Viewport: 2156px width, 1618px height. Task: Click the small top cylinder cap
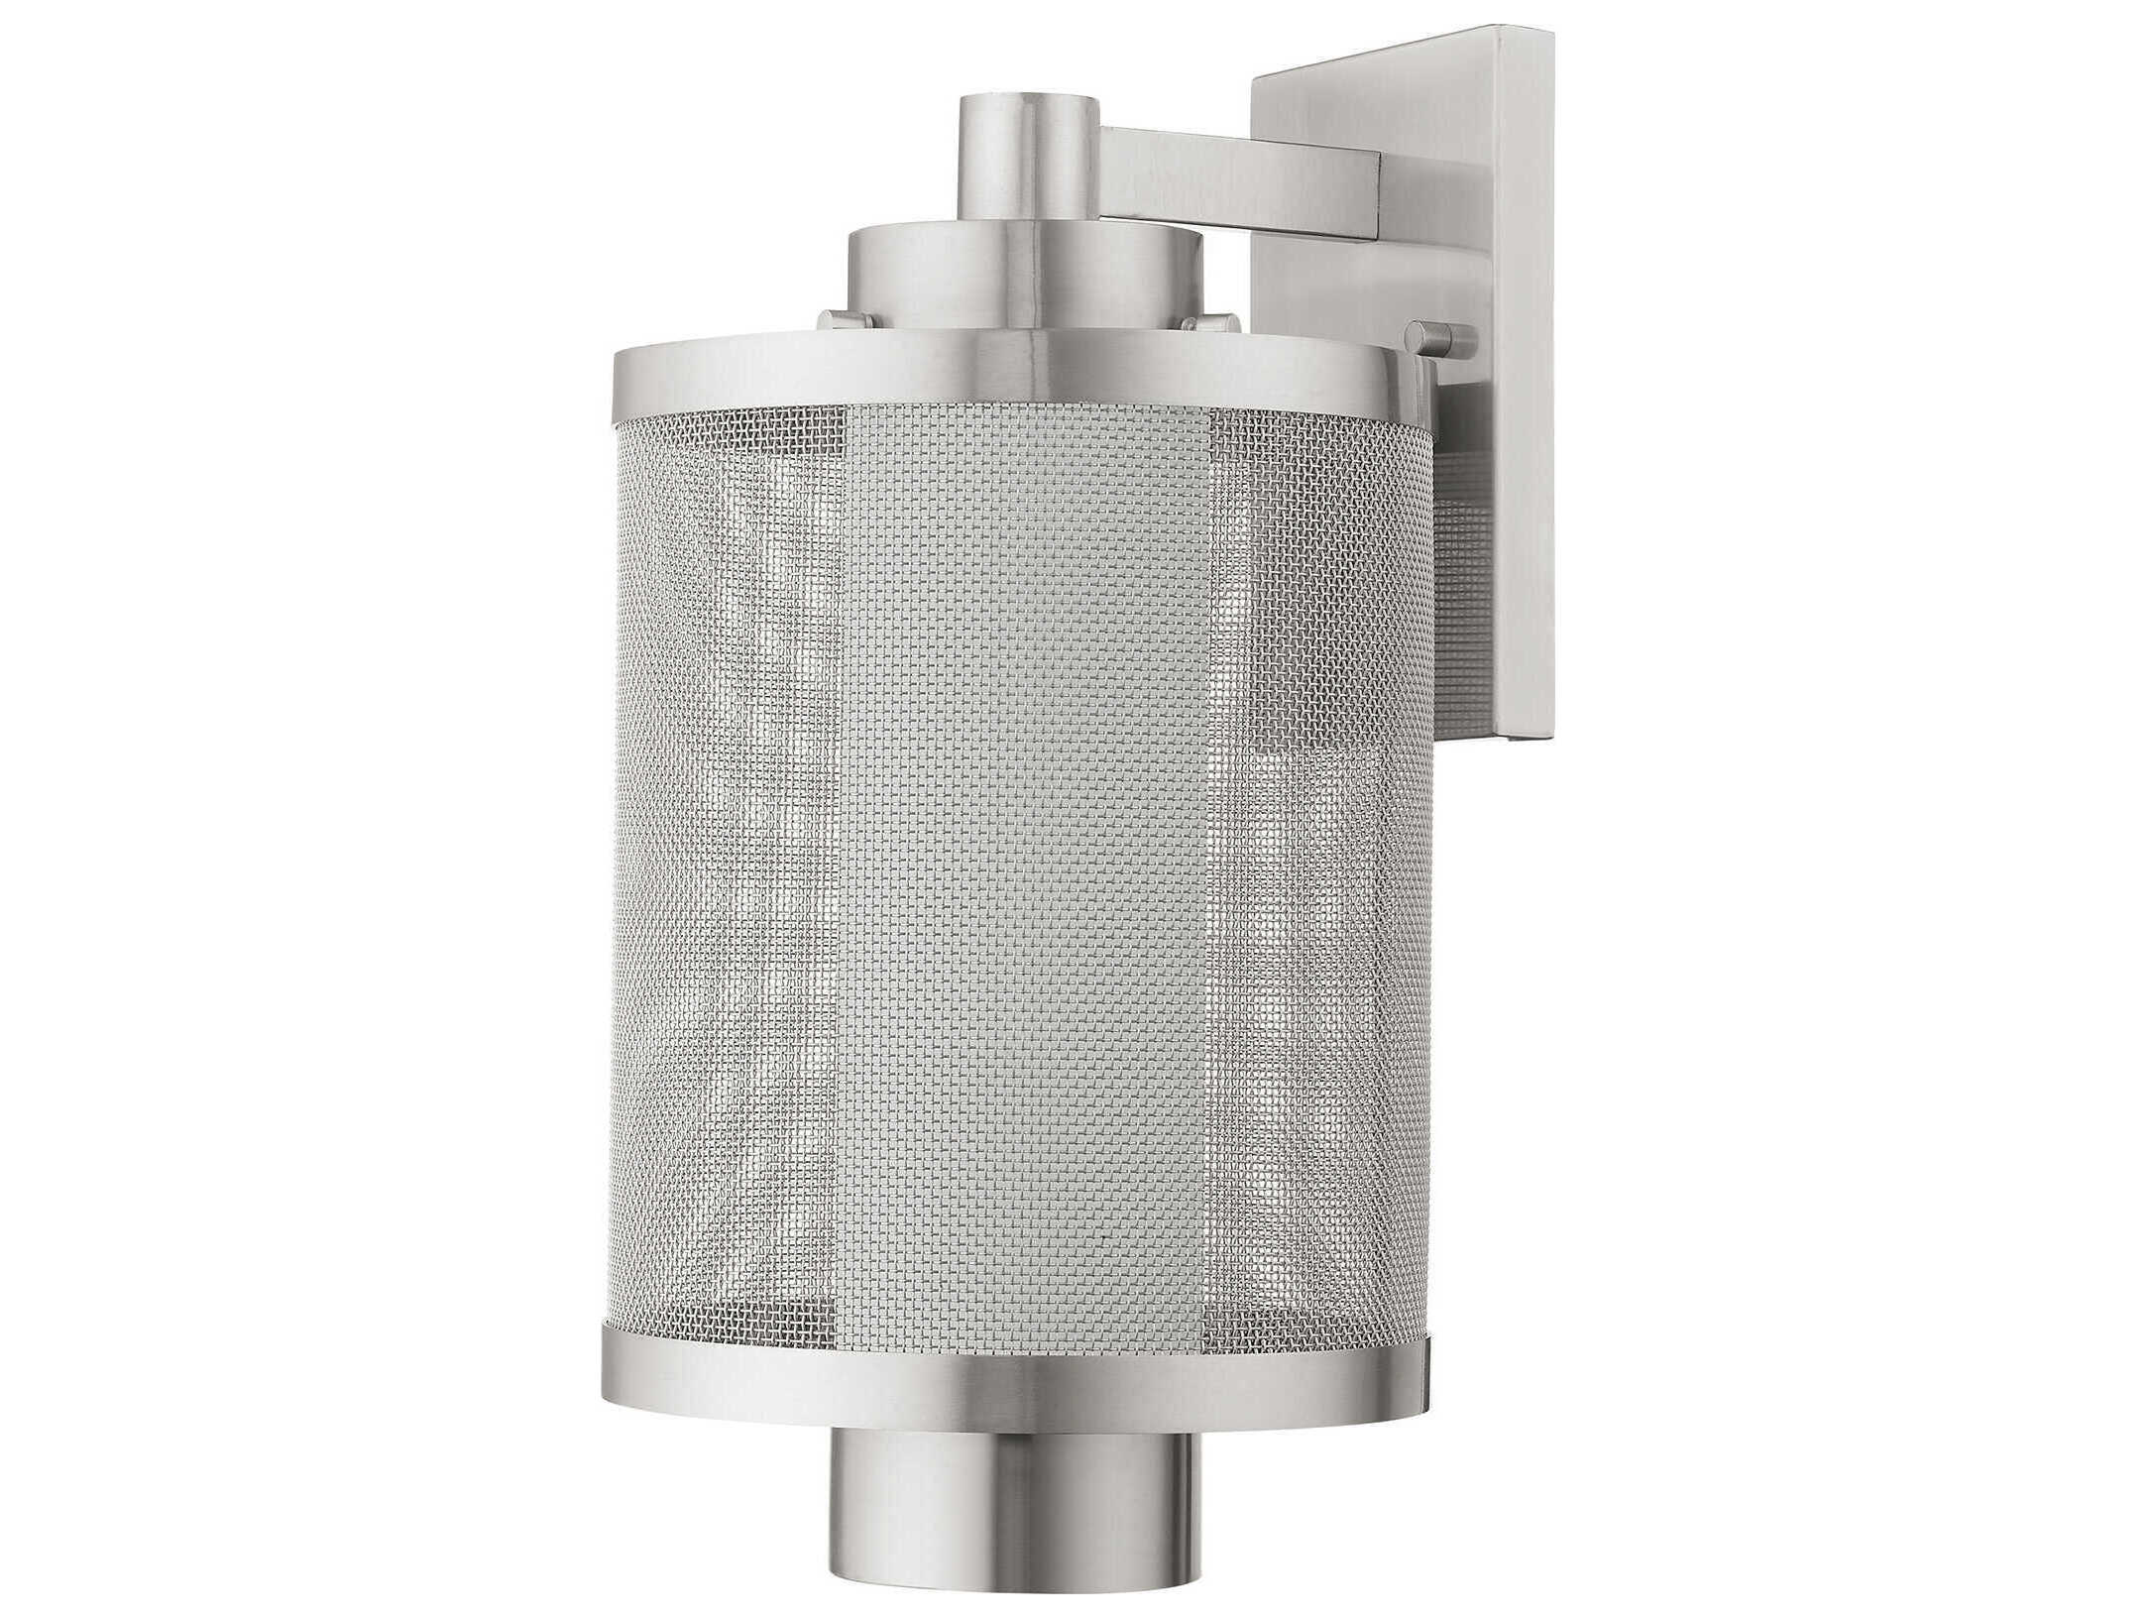click(x=1031, y=159)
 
